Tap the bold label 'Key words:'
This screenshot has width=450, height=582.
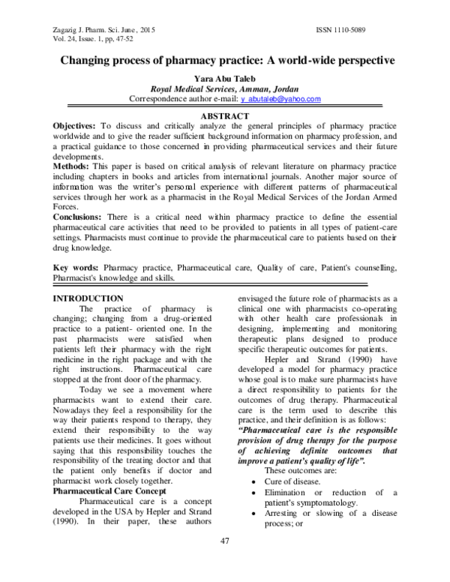(76, 268)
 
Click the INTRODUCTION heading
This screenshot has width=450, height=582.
(88, 298)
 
